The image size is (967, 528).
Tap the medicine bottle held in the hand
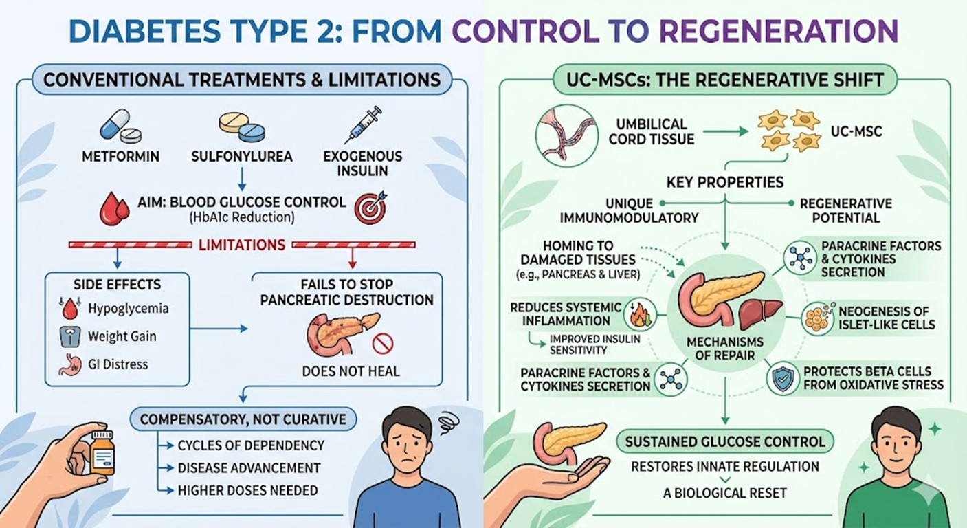[x=102, y=454]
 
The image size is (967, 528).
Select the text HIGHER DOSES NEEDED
[x=247, y=490]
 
